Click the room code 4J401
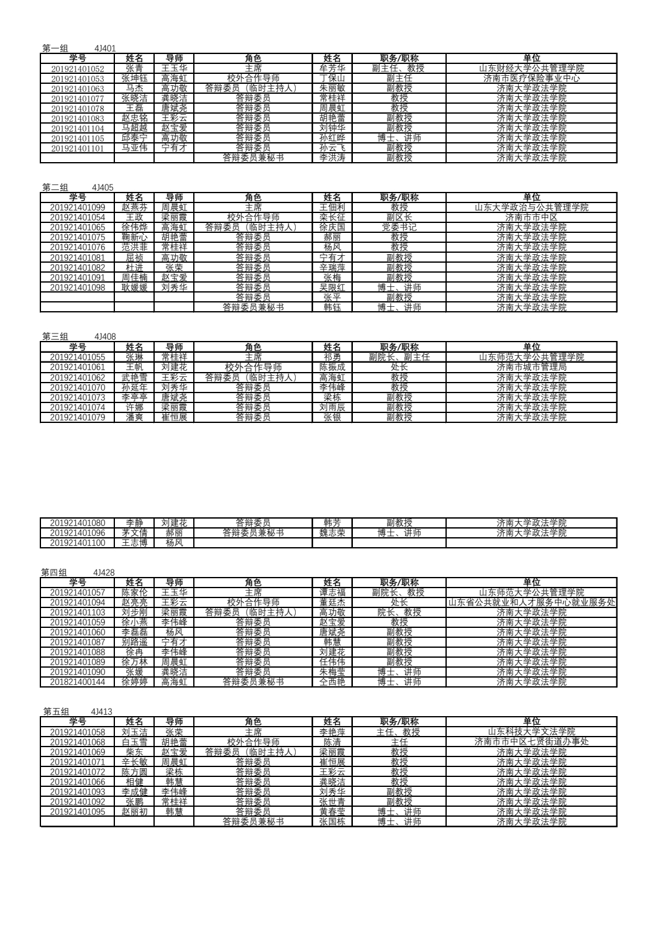105,48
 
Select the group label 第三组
55,337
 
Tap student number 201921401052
77,69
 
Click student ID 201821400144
77,682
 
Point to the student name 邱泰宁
134,138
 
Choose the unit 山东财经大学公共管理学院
531,69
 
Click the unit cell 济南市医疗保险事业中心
531,79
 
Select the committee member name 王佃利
332,207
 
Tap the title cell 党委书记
399,227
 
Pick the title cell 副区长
399,217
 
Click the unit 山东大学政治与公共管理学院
531,207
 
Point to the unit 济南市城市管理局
531,367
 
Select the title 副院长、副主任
399,357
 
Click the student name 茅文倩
134,533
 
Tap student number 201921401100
77,543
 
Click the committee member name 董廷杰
332,602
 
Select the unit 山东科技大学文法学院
531,732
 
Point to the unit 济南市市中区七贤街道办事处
531,742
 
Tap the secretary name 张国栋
332,822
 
